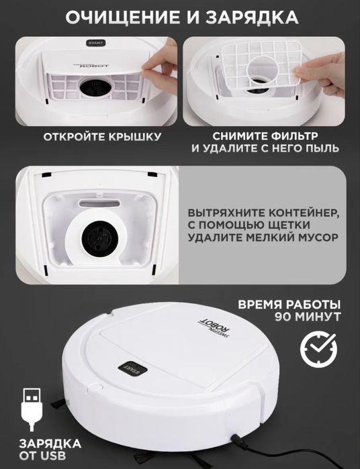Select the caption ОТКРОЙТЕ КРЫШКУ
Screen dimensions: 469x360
click(x=102, y=138)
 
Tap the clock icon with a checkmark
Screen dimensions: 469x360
click(x=314, y=350)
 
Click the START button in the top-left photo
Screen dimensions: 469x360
click(x=96, y=44)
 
